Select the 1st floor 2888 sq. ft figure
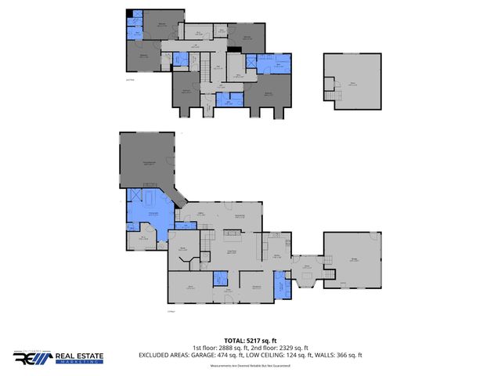tap(221, 348)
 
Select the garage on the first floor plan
tap(353, 259)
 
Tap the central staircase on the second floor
tap(209, 101)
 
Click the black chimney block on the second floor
tap(233, 49)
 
